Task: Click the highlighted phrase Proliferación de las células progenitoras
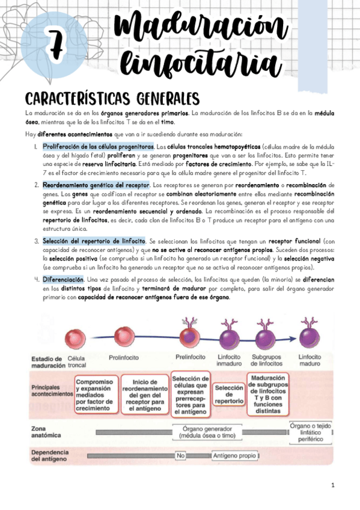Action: [99, 147]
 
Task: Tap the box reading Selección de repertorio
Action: [228, 395]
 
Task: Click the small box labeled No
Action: [180, 456]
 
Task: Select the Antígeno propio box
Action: [234, 456]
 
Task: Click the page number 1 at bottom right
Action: [332, 485]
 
